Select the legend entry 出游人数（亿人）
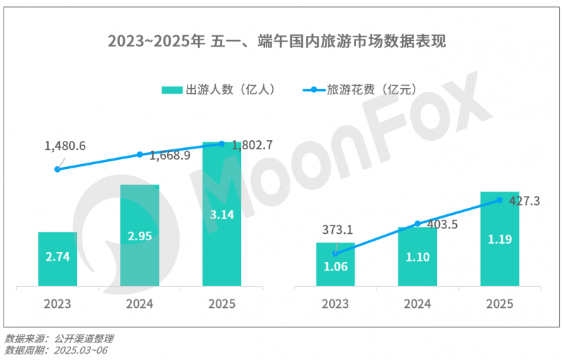tap(219, 90)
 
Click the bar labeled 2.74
tap(57, 259)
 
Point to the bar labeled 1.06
tap(335, 265)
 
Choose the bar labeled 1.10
tap(417, 258)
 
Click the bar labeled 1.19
tap(499, 240)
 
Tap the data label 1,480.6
tap(65, 146)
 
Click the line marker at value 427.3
tap(499, 200)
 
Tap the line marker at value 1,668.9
tap(140, 154)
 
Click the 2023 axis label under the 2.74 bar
tap(57, 304)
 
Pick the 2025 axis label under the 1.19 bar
tap(499, 304)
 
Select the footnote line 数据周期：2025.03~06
tap(56, 350)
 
